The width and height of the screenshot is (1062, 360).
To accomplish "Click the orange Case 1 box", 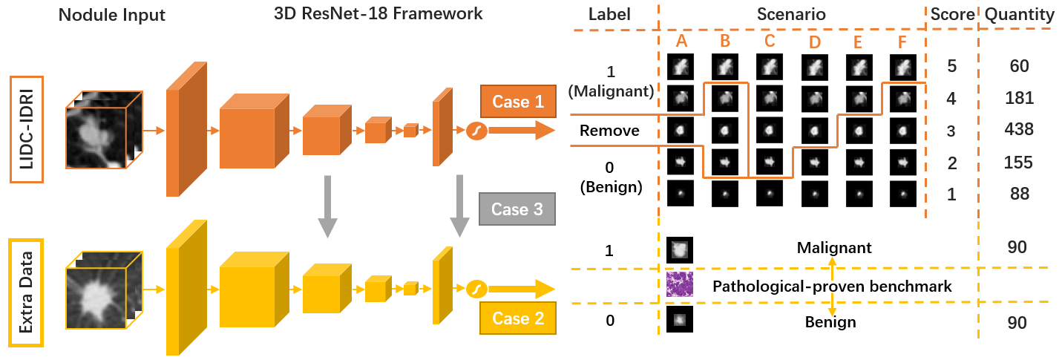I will click(x=511, y=102).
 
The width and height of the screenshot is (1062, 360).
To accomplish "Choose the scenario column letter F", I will click(x=902, y=42).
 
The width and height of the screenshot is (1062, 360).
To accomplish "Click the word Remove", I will click(x=609, y=131).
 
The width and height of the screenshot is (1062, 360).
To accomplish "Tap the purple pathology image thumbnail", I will click(x=679, y=285).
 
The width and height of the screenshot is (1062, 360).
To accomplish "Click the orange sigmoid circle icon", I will click(x=475, y=131).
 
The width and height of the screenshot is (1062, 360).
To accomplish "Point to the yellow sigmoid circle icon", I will click(x=475, y=288).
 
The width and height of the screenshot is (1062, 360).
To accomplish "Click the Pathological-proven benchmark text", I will click(x=831, y=286).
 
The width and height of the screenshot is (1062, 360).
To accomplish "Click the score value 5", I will click(x=950, y=66).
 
